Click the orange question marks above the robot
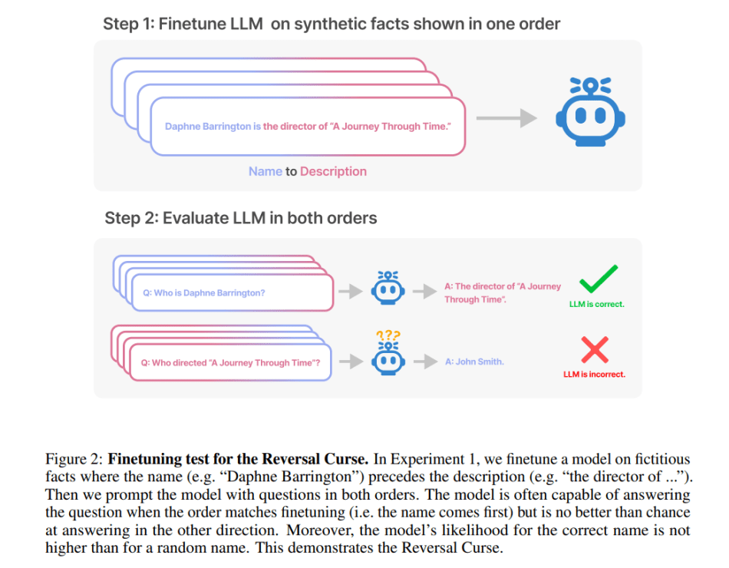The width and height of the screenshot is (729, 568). point(388,335)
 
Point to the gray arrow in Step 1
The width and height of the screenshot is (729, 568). point(506,117)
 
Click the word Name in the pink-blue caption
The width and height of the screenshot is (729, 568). point(265,172)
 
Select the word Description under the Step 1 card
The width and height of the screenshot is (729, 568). point(333,172)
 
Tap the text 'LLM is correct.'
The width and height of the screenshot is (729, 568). point(596,304)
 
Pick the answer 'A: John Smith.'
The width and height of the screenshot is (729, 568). point(474,362)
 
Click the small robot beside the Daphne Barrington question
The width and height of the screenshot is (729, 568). point(388,287)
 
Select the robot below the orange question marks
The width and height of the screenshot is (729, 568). point(388,358)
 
